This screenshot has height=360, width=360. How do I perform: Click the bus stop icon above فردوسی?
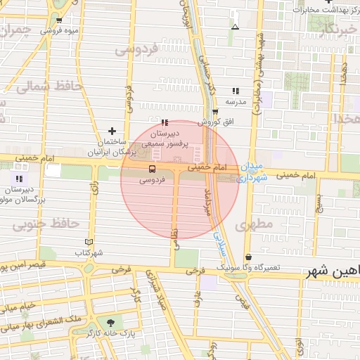pos(152,169)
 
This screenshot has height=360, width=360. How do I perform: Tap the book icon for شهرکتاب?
pos(89,241)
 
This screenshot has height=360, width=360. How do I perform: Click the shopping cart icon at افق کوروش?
pos(215,111)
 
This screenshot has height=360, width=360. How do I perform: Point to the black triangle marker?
pos(235,27)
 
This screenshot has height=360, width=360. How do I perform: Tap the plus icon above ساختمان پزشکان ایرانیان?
pos(112,131)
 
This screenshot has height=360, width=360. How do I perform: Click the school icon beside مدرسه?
pos(236,91)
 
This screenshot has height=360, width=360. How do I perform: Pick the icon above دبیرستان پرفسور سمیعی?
pos(165,122)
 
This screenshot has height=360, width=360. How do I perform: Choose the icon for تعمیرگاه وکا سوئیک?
pos(248,257)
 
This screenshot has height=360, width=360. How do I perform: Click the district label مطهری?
pos(254,225)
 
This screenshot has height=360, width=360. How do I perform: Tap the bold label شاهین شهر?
pos(331,271)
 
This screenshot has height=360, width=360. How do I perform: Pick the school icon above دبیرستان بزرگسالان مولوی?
pos(19,179)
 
